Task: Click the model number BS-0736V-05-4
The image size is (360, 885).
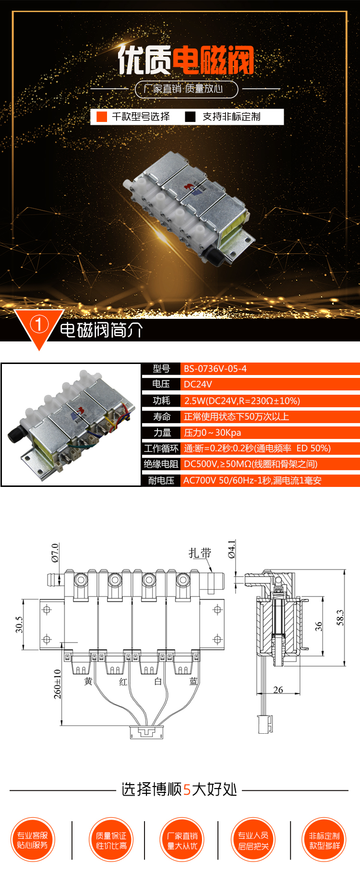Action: coord(215,369)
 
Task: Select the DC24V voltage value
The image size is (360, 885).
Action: coord(198,384)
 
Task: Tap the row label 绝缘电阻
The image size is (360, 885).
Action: coord(161,464)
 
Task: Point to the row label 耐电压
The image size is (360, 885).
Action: coord(161,480)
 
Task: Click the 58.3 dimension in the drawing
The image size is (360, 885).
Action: coord(340,618)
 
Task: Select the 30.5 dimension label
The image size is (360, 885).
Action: coord(19,625)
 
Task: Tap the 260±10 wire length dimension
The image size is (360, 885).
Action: coord(57,684)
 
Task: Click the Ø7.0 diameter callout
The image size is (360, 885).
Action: coord(55,553)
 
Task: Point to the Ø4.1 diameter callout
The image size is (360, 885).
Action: coord(232,549)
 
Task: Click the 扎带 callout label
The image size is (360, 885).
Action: coord(200,553)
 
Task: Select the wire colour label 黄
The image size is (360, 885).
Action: coord(88,681)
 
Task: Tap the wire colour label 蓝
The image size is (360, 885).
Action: coord(193,681)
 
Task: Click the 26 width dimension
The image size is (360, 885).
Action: coord(278,690)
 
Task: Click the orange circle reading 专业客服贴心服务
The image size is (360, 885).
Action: coord(33,840)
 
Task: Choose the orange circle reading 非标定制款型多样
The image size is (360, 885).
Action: coord(324,840)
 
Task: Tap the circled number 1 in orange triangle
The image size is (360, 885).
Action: coord(39,325)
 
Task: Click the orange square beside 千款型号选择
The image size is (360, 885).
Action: coord(102,117)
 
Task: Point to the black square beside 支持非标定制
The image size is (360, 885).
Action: coord(191,117)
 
